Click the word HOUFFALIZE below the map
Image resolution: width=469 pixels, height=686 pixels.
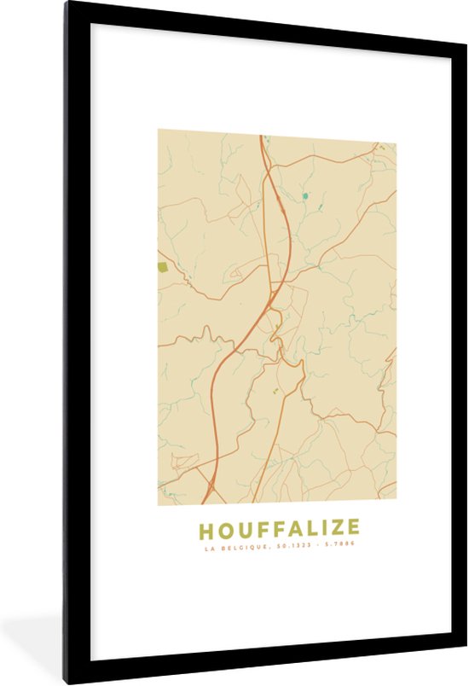tap(279, 529)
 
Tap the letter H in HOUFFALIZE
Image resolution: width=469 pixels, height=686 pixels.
tap(206, 529)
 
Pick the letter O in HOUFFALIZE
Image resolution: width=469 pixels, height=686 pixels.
tap(225, 529)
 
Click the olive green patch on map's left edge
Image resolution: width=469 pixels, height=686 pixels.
tap(162, 267)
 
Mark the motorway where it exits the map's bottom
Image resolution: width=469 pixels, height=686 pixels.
tap(206, 503)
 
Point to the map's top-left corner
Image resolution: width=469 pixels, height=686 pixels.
tap(158, 131)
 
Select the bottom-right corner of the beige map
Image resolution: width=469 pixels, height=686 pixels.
tap(396, 505)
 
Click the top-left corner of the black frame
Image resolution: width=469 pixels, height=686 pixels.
tap(64, 2)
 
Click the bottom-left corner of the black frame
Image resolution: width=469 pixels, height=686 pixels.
tap(64, 684)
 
